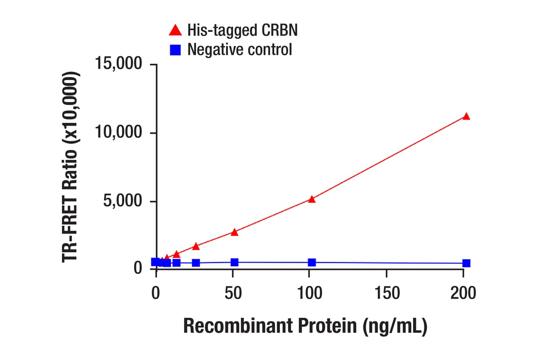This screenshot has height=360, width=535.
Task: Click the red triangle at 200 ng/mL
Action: pyautogui.click(x=466, y=116)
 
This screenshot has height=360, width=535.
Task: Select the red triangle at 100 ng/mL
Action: pyautogui.click(x=312, y=199)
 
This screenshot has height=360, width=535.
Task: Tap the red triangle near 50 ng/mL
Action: pyautogui.click(x=234, y=232)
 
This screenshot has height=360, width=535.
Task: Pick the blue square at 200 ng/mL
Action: pyautogui.click(x=466, y=263)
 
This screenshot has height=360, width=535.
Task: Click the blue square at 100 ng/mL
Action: pyautogui.click(x=312, y=262)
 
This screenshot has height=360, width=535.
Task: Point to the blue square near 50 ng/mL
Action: pyautogui.click(x=234, y=262)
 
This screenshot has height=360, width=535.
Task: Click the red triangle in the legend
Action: pyautogui.click(x=175, y=31)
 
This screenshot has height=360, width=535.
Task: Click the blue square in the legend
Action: pyautogui.click(x=175, y=49)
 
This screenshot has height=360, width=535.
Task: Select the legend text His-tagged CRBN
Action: pyautogui.click(x=242, y=31)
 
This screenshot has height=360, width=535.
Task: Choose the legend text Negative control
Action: pyautogui.click(x=240, y=49)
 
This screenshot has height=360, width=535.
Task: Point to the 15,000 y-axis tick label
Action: pyautogui.click(x=119, y=64)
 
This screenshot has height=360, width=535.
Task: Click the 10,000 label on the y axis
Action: pyautogui.click(x=119, y=133)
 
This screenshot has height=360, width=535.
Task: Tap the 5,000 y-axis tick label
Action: pyautogui.click(x=123, y=202)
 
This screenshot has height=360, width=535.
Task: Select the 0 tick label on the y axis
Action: pyautogui.click(x=137, y=268)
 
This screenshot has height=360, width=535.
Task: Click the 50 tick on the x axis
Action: pyautogui.click(x=233, y=293)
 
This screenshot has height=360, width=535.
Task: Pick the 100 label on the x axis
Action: pyautogui.click(x=310, y=293)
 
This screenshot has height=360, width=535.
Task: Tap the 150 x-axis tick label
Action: pyautogui.click(x=387, y=293)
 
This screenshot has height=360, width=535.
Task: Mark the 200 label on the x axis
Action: pyautogui.click(x=463, y=293)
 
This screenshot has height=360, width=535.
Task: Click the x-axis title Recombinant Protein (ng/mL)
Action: pyautogui.click(x=305, y=326)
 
